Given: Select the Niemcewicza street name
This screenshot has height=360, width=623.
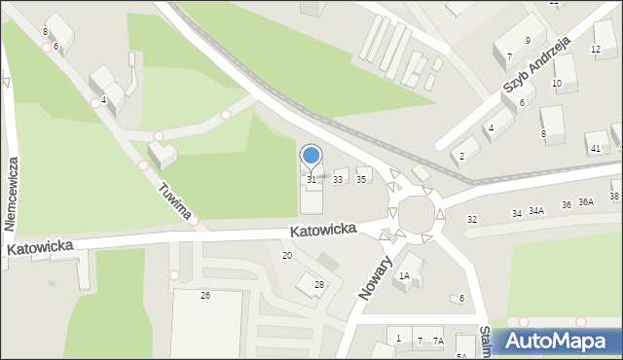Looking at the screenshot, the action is coord(13,193).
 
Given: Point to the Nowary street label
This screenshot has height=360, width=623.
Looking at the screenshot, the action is coord(375,278).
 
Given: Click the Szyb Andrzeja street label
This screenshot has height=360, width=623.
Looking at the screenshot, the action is coord(535,67).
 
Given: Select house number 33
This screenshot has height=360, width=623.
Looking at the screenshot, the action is coord(338,180).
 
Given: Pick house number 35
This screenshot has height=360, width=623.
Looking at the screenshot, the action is coord(361,179).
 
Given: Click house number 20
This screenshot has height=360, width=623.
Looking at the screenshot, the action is coord(286,256).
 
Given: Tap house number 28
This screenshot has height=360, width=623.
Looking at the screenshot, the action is coord(319,284).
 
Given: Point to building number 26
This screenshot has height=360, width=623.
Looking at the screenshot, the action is coord(204,295).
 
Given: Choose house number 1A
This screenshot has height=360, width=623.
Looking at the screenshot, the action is coord(403,276).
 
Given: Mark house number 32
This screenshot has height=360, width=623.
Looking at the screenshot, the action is coord(472,220).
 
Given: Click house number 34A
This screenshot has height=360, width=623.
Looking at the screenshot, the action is coord(536,210).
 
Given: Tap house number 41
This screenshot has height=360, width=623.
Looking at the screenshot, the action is coord(595,148).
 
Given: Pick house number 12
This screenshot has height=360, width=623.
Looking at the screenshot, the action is coord(597,50).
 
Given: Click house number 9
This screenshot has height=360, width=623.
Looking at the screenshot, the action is coord(528,40).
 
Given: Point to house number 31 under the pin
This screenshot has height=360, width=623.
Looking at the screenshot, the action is coord(311,180).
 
